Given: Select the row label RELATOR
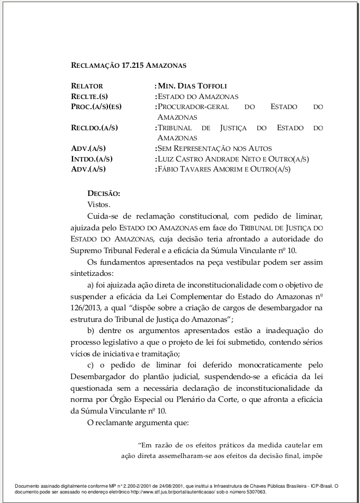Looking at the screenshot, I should [x=87, y=86].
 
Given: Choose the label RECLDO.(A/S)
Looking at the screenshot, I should [x=94, y=128].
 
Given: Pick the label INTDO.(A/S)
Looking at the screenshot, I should [x=92, y=159].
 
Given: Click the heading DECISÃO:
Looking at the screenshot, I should [x=104, y=193].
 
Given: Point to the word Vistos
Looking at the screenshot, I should [x=98, y=204].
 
